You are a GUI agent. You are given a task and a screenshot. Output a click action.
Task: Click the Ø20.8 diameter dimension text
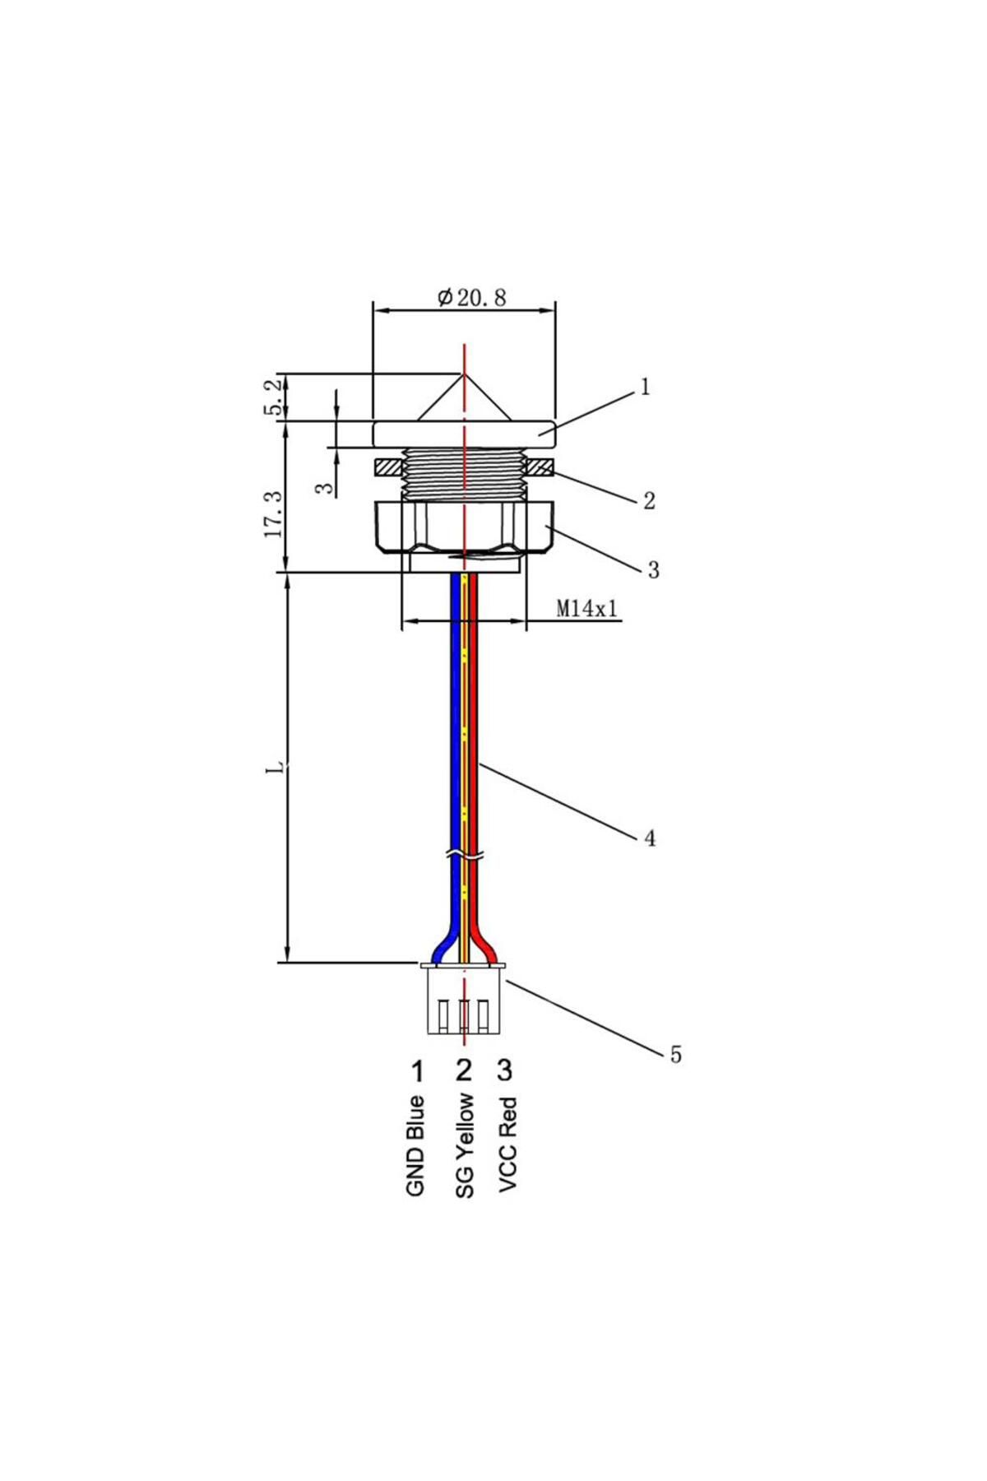coord(471,297)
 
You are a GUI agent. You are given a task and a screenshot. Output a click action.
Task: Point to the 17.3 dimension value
coord(274,514)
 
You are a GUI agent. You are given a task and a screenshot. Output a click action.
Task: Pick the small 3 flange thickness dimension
coord(327,488)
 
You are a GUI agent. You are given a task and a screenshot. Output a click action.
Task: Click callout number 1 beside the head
coord(645,386)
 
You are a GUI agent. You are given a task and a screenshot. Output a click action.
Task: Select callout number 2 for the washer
coord(649,500)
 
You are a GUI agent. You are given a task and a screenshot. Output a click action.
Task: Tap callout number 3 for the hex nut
coord(653,569)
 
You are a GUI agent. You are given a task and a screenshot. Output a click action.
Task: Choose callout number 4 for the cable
coord(650,838)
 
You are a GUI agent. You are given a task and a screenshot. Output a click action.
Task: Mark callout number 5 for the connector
coord(675,1055)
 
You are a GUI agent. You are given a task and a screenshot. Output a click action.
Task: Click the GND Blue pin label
coord(416,1145)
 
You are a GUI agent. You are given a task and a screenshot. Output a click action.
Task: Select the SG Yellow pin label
coord(465,1144)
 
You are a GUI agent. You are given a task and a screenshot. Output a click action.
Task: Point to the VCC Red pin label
coord(507,1143)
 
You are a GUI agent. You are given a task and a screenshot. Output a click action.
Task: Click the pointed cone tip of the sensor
coord(465,374)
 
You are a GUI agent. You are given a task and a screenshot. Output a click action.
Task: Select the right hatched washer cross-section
coord(540,467)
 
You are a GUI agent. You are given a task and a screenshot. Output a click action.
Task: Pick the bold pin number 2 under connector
coord(464,1070)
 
